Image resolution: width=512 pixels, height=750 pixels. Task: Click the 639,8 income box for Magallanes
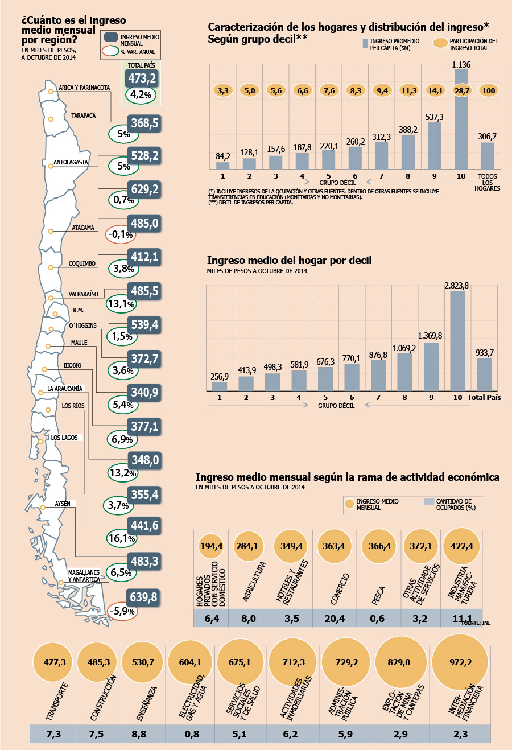[143, 597]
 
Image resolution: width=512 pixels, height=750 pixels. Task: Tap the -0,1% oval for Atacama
[121, 234]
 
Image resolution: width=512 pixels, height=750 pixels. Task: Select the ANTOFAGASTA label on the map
[71, 162]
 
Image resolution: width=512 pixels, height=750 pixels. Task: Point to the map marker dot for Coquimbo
[51, 267]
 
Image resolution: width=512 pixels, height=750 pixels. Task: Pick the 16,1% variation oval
[121, 538]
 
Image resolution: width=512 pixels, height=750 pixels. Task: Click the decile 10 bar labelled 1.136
[461, 119]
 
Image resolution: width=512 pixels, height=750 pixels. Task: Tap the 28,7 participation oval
[462, 90]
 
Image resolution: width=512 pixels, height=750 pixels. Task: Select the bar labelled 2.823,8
[457, 341]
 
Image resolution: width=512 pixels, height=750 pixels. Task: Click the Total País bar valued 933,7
[484, 374]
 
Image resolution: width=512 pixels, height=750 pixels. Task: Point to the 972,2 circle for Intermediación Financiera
[460, 662]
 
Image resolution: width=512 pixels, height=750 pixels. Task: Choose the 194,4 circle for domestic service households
[211, 546]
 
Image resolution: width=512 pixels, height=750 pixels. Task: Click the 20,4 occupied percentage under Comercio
[335, 619]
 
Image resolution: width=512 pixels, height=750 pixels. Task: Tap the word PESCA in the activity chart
[378, 595]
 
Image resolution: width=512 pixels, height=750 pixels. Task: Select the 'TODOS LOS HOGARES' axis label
[487, 182]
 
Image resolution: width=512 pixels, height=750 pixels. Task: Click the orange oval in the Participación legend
[440, 43]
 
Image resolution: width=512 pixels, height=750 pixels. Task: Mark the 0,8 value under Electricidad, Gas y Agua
[192, 734]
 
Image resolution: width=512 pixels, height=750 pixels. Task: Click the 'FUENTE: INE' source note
[476, 623]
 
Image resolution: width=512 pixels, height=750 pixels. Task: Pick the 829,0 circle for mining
[399, 662]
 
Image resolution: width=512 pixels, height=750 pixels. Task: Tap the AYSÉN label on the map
[63, 504]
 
